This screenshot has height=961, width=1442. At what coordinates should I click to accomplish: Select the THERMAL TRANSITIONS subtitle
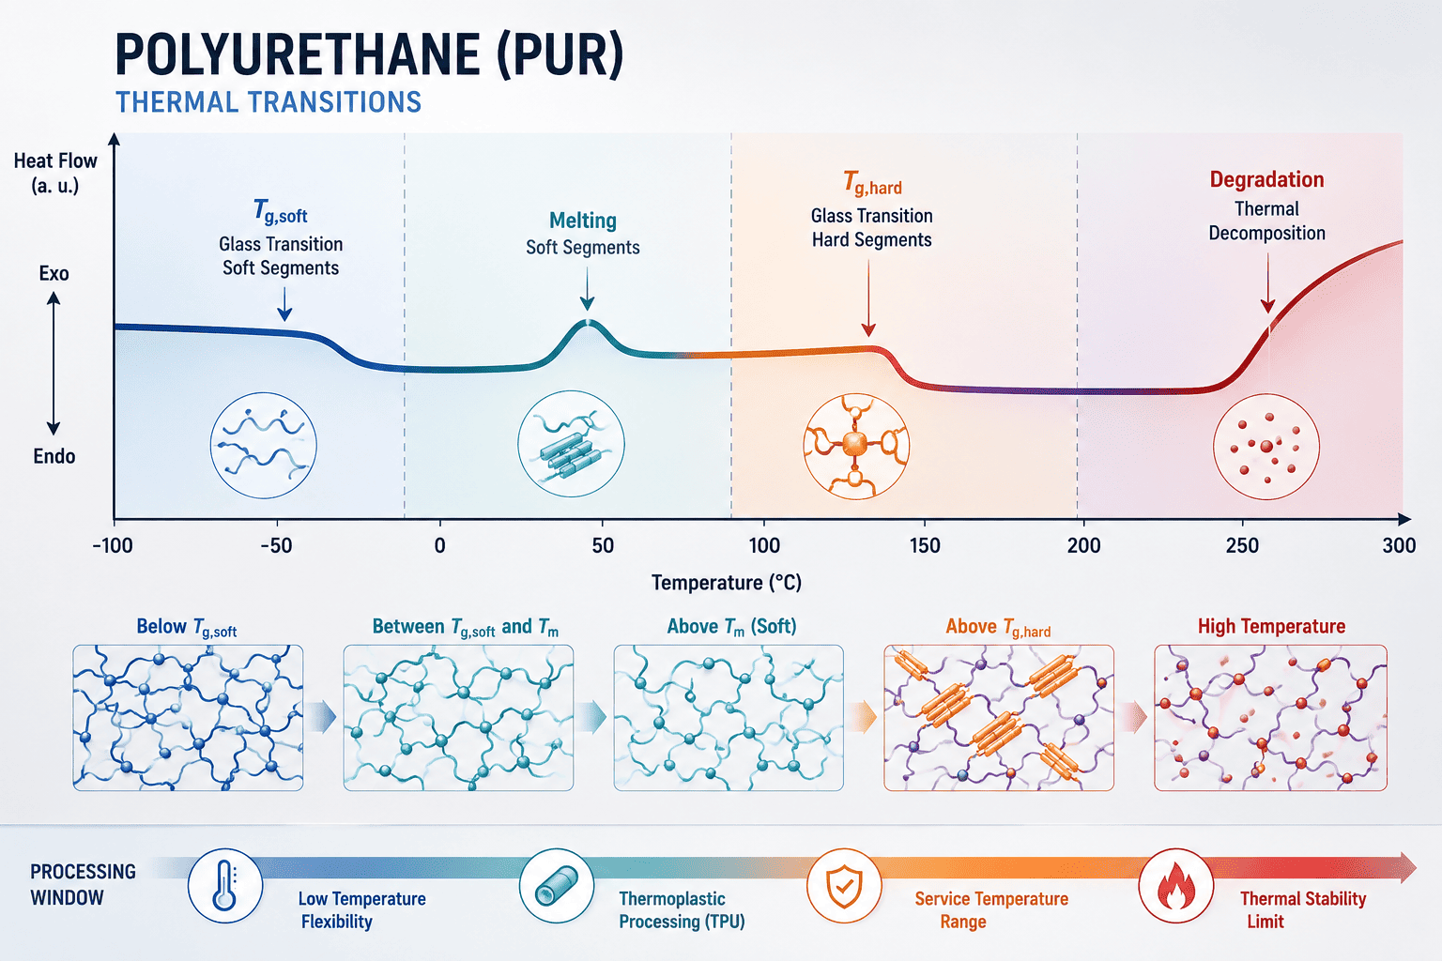coord(268,102)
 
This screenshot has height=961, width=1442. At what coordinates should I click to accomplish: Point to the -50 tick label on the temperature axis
coord(276,546)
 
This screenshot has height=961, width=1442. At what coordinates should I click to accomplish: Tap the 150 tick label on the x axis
coord(925,546)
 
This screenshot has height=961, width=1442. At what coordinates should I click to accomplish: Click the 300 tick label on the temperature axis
coord(1399,546)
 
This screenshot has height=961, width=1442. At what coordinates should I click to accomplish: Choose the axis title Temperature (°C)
coord(727,583)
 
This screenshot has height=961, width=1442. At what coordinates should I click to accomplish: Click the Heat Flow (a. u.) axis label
coord(55,173)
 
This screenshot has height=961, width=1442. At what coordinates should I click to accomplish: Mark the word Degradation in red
coord(1266,179)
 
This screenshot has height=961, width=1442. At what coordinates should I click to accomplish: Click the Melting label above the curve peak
coord(583,221)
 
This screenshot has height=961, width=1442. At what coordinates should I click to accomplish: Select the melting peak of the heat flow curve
coord(588,322)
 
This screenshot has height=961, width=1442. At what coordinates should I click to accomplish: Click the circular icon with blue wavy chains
coord(263,445)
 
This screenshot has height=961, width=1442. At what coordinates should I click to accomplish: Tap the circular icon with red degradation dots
coord(1266,446)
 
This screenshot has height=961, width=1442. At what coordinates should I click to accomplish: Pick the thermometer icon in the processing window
coord(224,886)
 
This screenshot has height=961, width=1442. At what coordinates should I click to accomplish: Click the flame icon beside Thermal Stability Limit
coord(1175,886)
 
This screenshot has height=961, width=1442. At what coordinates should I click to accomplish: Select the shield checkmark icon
coord(844,886)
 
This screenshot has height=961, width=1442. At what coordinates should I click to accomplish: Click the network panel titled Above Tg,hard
coord(999,718)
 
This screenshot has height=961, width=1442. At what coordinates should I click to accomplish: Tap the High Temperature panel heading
coord(1271,626)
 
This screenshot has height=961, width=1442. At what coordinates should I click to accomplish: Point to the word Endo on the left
coord(54,456)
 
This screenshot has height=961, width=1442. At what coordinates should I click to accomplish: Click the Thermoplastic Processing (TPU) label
coord(682,910)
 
